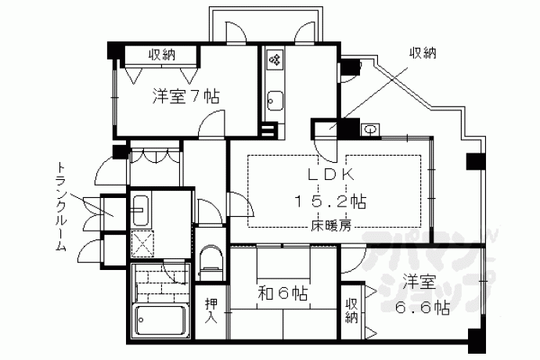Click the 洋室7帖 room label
(185, 96)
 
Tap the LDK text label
(331, 175)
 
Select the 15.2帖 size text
(330, 201)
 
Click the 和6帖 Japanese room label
(283, 293)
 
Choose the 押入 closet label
(211, 311)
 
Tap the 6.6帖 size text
(423, 308)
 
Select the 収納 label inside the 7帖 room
(162, 55)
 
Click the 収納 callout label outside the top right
(423, 53)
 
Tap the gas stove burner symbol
(275, 60)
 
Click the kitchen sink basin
(275, 100)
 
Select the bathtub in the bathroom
(161, 320)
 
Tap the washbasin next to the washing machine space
(141, 210)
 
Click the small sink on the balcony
(370, 130)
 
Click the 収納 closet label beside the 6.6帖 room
(351, 311)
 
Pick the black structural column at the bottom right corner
(477, 340)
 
